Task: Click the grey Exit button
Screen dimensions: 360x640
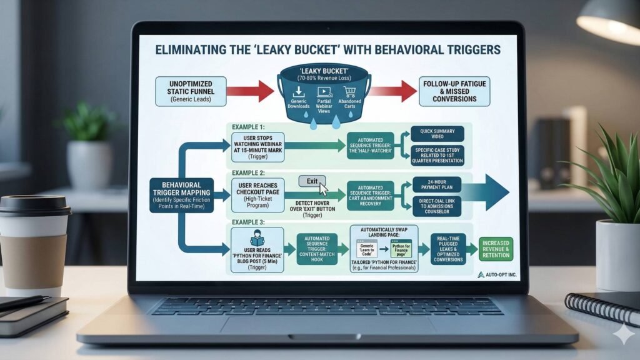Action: click(312, 181)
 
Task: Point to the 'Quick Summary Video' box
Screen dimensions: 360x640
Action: click(437, 133)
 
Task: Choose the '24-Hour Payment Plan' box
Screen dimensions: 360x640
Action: click(437, 184)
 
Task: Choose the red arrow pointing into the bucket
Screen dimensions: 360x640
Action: click(251, 91)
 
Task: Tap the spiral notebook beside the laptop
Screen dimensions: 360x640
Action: click(603, 309)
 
